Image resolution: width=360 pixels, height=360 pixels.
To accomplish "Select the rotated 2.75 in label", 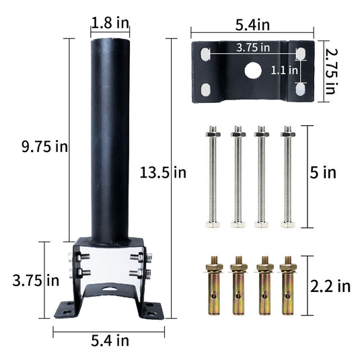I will click(330, 71).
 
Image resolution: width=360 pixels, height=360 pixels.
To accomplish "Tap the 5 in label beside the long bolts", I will click(324, 173).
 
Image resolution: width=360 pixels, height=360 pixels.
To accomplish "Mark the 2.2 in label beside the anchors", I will click(330, 286).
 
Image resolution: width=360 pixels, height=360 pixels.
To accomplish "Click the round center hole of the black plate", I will click(252, 70).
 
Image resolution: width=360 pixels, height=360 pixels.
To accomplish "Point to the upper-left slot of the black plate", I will click(205, 53).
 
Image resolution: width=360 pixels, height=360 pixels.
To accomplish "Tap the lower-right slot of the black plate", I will click(300, 87).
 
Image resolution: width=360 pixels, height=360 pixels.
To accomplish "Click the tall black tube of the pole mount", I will click(110, 135).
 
